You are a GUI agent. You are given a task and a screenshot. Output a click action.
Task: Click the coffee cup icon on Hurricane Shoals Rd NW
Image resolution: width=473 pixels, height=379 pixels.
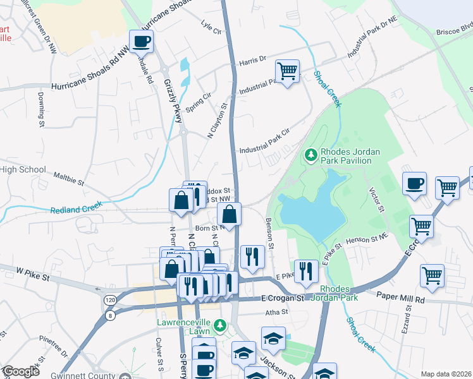(142, 42)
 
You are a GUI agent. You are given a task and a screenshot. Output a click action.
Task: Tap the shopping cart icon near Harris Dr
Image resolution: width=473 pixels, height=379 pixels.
(288, 71)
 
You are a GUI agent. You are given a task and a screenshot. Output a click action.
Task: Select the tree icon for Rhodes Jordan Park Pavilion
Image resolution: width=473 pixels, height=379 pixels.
(310, 154)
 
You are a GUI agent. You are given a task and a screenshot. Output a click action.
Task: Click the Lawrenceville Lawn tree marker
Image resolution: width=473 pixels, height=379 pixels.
(219, 326)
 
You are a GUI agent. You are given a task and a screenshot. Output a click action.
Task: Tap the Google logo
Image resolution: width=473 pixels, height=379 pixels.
(20, 371)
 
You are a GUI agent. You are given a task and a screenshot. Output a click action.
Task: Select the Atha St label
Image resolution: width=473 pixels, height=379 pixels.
(276, 311)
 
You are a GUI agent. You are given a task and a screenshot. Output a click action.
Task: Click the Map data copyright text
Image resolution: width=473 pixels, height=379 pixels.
(445, 374)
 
